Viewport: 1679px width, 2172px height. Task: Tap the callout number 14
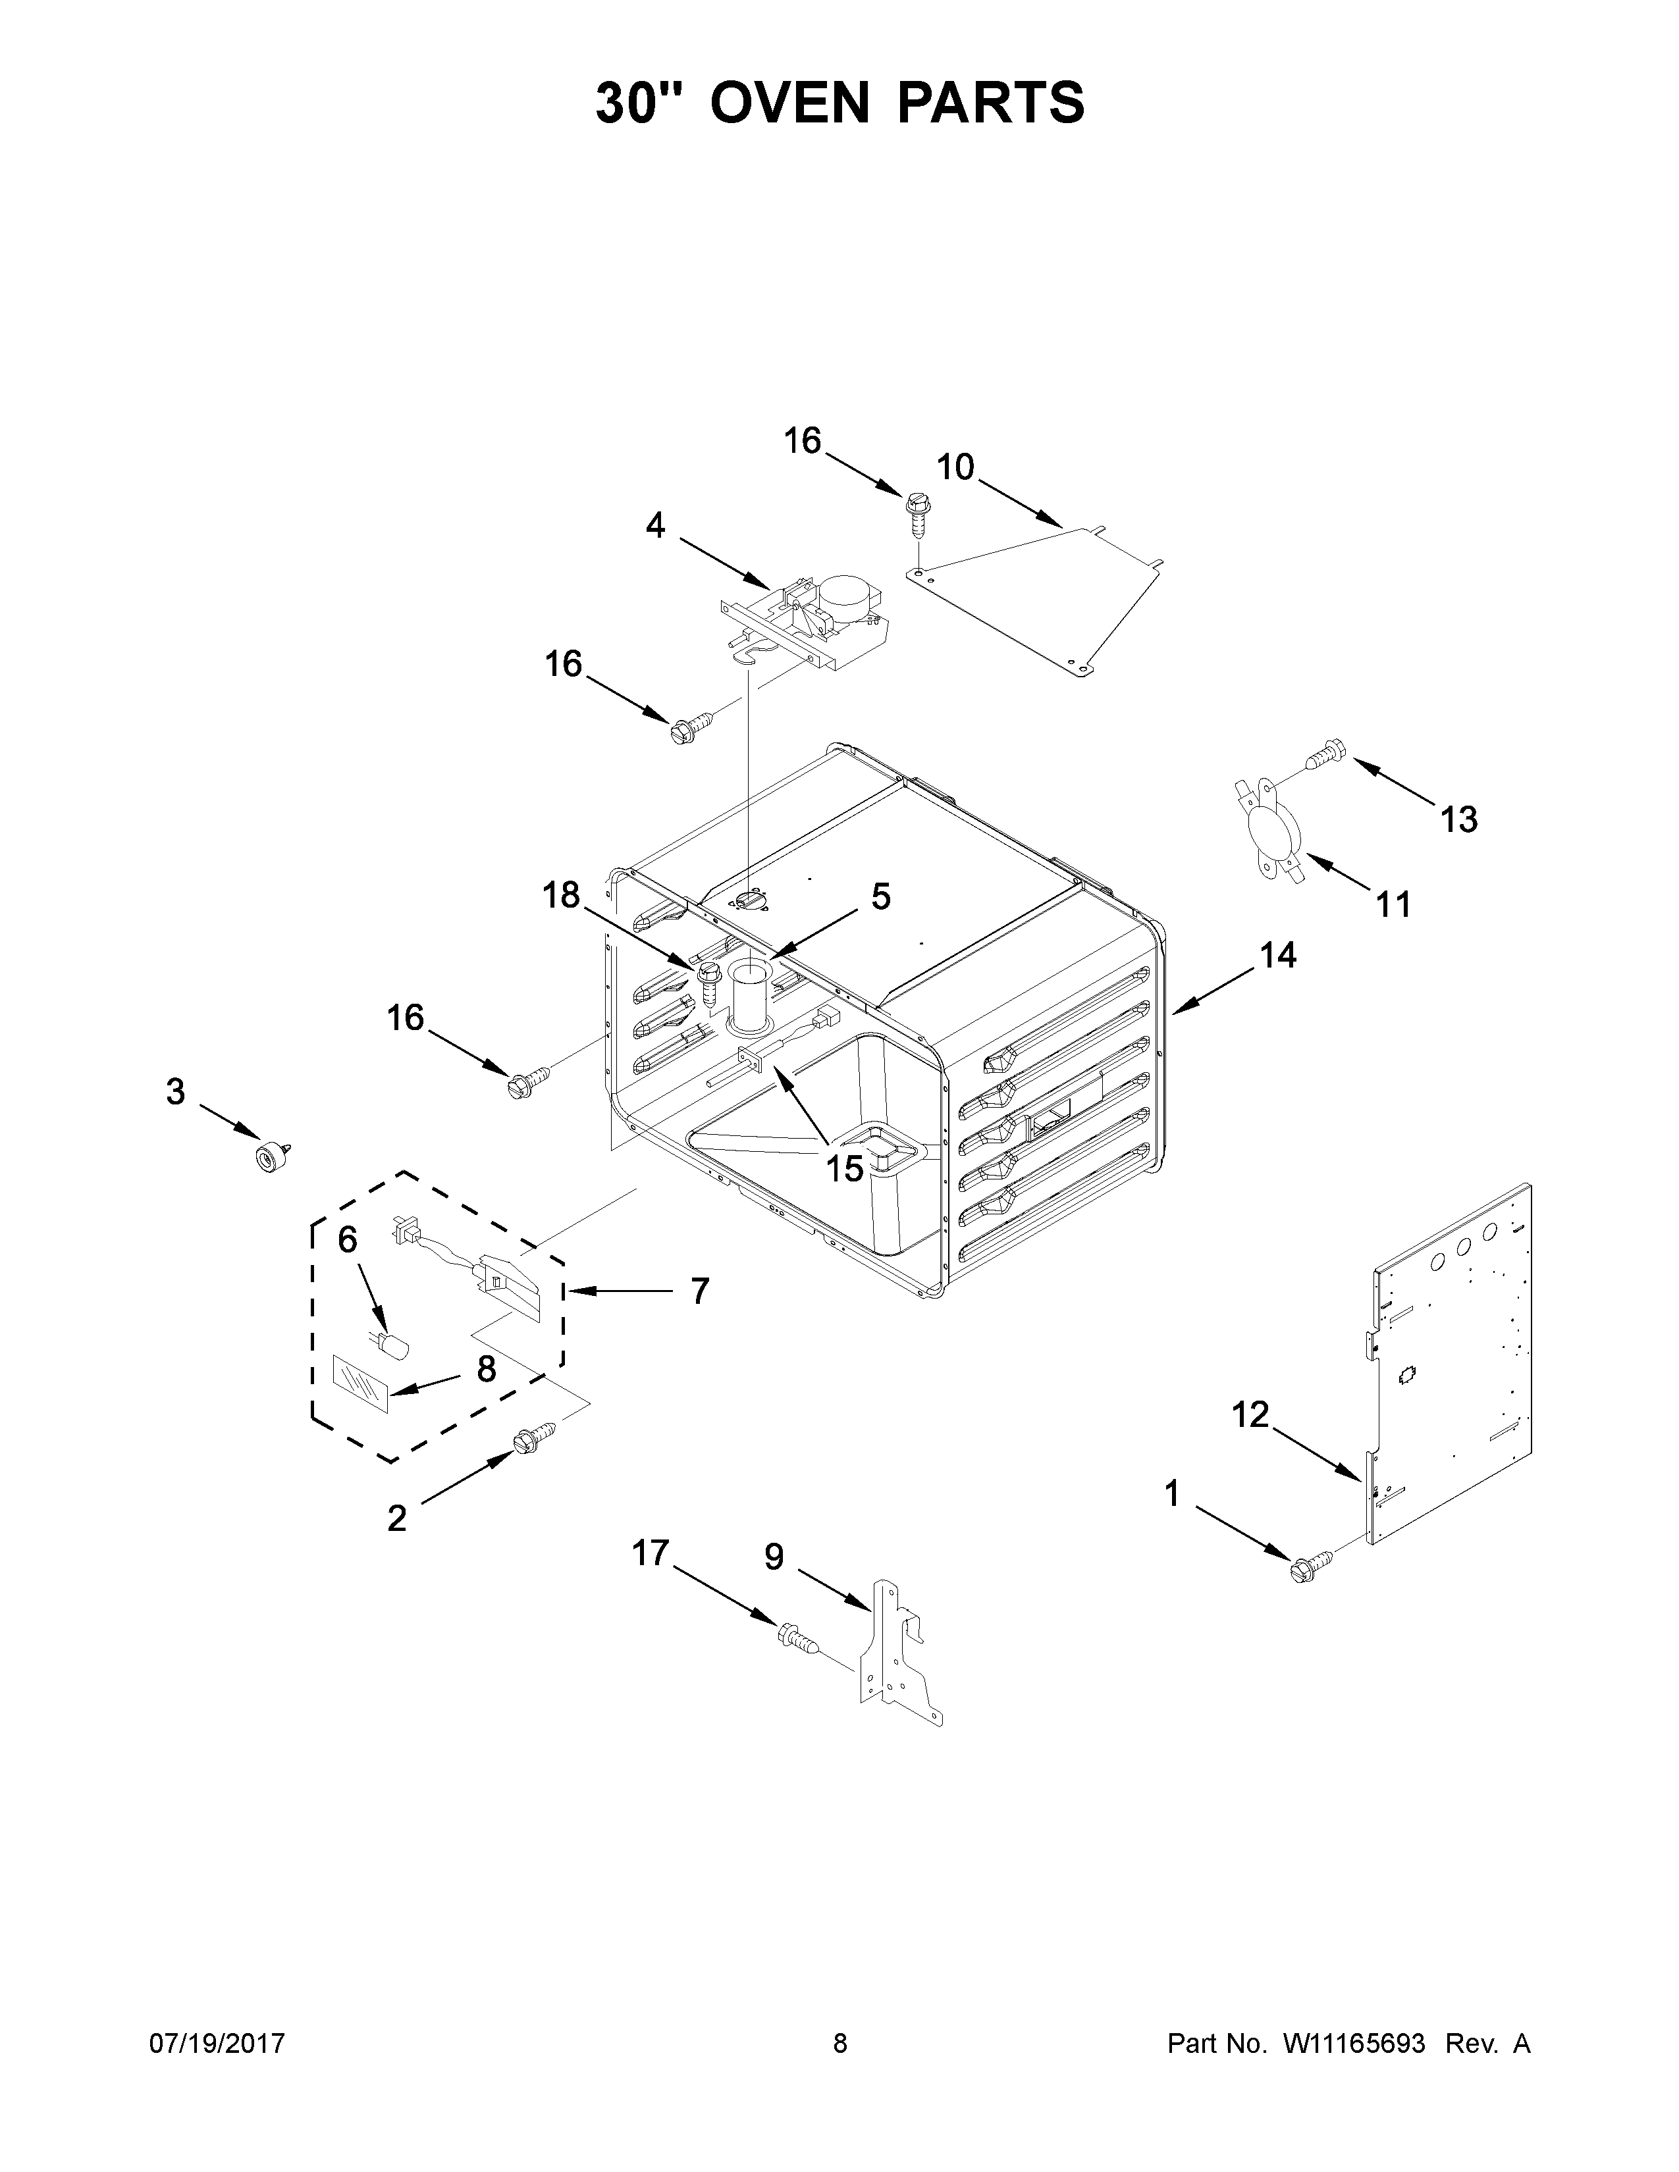(x=1278, y=956)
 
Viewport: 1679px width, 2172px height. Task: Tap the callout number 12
(x=1250, y=1414)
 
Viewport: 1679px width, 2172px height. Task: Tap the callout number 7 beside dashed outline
(x=699, y=1292)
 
